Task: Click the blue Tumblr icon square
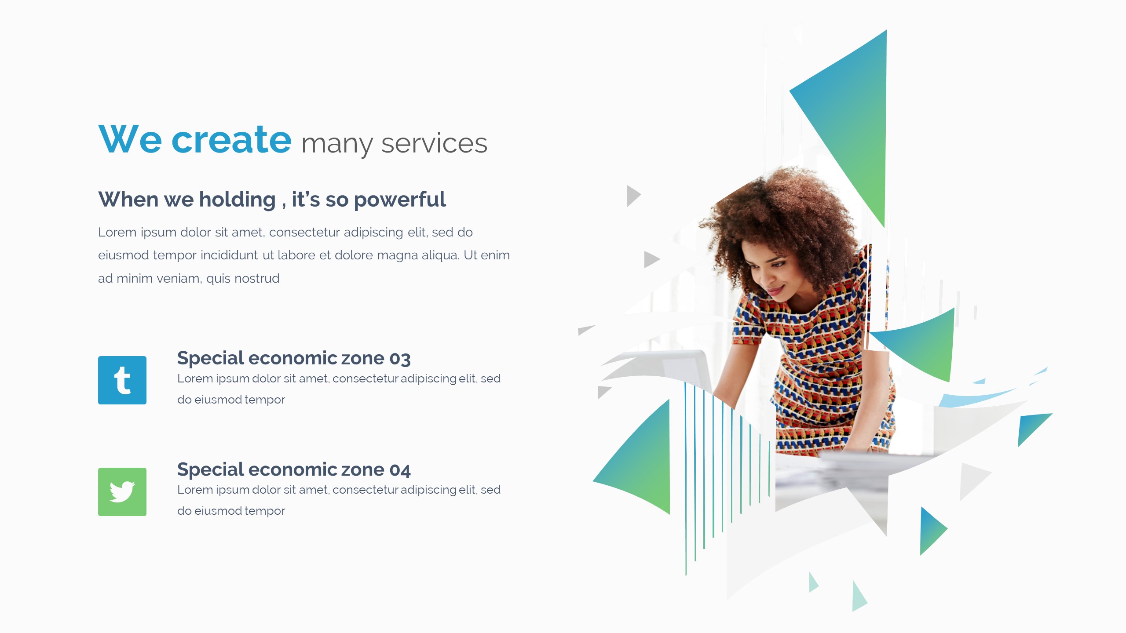coord(122,380)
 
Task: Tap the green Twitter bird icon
coord(122,491)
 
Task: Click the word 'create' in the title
coord(231,140)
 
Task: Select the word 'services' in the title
coord(434,143)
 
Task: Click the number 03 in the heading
coord(400,359)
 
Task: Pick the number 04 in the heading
coord(400,470)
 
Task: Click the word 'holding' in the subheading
coord(237,200)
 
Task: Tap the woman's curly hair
coord(774,211)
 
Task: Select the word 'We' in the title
coord(130,140)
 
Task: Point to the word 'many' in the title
coord(337,144)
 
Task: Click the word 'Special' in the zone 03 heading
coord(210,359)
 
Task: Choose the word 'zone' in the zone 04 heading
coord(362,470)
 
